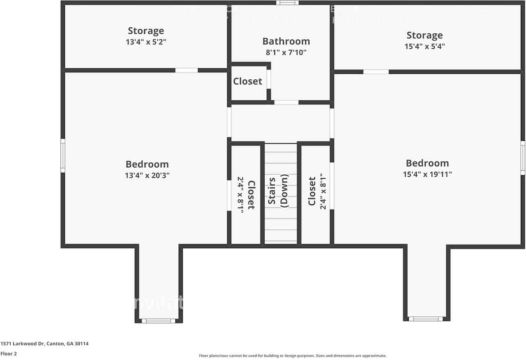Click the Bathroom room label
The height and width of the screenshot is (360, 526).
point(286,41)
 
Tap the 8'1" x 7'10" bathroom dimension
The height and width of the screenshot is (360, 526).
point(286,52)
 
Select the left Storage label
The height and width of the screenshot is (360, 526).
point(146,31)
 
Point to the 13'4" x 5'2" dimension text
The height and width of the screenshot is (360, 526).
point(146,42)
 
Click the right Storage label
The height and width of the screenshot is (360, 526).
point(424,35)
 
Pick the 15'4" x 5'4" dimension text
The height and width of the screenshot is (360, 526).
point(424,46)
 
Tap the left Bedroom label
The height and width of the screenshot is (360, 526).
point(147,164)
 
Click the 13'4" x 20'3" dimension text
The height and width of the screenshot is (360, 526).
point(147,175)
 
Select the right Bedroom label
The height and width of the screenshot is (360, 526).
point(427,163)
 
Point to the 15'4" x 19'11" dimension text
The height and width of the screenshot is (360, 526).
point(427,174)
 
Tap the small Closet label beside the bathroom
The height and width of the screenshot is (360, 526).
point(247,81)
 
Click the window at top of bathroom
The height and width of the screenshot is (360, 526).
point(287,3)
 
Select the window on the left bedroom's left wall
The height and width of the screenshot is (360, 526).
point(63,155)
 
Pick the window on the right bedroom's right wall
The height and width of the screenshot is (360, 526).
point(523,157)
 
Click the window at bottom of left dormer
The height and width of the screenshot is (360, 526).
point(158,321)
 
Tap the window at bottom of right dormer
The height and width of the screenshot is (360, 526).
point(426,318)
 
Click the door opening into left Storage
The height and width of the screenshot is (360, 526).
point(187,70)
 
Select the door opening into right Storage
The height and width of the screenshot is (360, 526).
point(376,72)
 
